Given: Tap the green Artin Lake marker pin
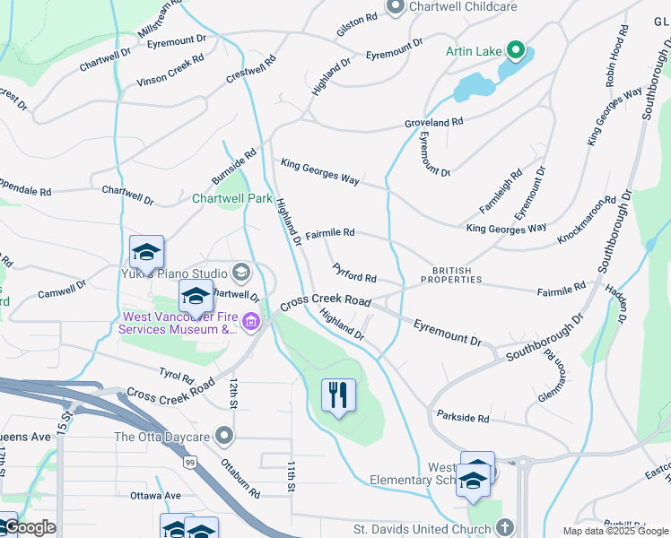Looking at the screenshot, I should (x=516, y=49).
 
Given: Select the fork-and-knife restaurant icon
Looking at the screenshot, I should (x=338, y=395).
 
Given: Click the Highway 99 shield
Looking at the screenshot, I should (x=189, y=461).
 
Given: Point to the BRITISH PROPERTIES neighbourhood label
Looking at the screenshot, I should (x=457, y=274).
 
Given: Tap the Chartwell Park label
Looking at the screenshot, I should (x=231, y=198).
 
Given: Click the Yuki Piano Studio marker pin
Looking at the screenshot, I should (x=240, y=272).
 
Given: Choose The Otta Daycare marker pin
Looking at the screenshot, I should (x=224, y=437).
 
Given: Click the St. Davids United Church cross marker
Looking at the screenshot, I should (x=505, y=528).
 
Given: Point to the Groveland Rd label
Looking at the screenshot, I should (x=433, y=121).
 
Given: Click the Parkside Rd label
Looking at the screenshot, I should (x=463, y=418).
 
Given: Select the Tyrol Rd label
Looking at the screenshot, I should (x=176, y=377).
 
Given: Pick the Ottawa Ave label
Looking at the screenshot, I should (x=154, y=495).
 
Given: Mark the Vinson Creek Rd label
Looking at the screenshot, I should (x=170, y=70).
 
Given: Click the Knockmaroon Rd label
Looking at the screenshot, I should (x=587, y=220).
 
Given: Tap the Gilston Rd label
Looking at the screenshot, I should (x=358, y=20).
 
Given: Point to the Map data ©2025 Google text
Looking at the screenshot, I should (x=614, y=531).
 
